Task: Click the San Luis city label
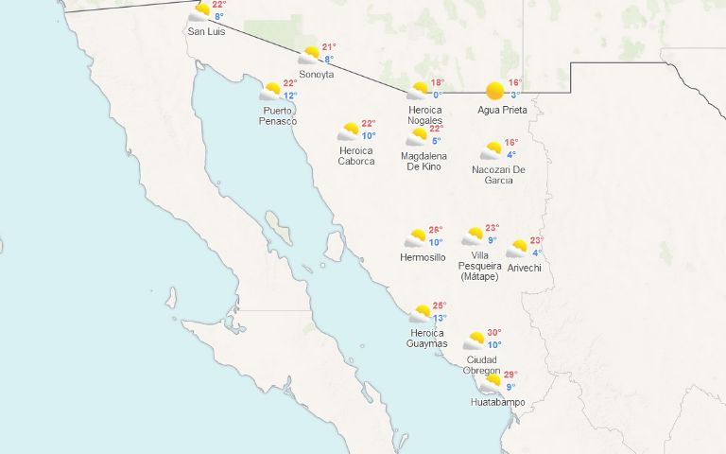(207, 32)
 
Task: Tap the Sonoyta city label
(317, 75)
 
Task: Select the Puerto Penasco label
(279, 115)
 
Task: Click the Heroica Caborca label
(356, 155)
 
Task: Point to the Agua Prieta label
(502, 110)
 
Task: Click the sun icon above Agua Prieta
(494, 91)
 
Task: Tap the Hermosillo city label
(423, 257)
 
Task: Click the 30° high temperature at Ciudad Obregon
(494, 333)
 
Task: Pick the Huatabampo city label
(497, 402)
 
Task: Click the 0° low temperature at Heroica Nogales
(437, 95)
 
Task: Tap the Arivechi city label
(523, 268)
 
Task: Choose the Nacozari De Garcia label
(499, 175)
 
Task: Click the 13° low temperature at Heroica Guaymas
(439, 319)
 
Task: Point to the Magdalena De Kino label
(423, 161)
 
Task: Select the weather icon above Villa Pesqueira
(474, 236)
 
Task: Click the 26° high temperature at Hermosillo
(436, 230)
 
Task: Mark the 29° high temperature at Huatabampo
(510, 375)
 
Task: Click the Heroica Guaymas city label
(428, 338)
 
